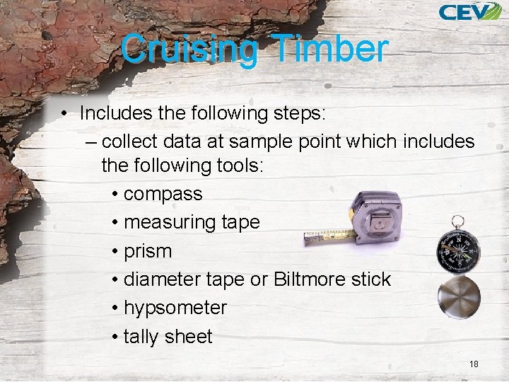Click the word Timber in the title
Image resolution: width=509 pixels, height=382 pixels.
pyautogui.click(x=330, y=50)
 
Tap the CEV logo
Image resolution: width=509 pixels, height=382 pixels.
pyautogui.click(x=469, y=11)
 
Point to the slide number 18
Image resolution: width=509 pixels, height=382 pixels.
pyautogui.click(x=474, y=364)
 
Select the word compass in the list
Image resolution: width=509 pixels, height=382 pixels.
pyautogui.click(x=163, y=194)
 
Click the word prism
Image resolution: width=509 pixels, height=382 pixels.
pyautogui.click(x=148, y=251)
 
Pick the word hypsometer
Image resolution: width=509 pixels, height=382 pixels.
pyautogui.click(x=175, y=308)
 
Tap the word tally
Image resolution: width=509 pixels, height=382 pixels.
pyautogui.click(x=142, y=337)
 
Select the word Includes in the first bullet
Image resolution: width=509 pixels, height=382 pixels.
pyautogui.click(x=114, y=113)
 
